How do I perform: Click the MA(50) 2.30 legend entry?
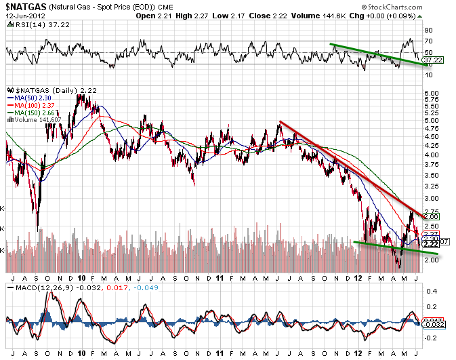pos(31,98)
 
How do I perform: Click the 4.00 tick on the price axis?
pos(431,155)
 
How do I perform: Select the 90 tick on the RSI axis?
pos(428,31)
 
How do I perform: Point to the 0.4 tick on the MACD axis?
pos(429,290)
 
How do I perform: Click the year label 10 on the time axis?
pos(81,278)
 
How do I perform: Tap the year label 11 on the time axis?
pos(220,278)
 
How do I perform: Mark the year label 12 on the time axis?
pos(358,278)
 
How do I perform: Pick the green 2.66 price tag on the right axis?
pos(431,217)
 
